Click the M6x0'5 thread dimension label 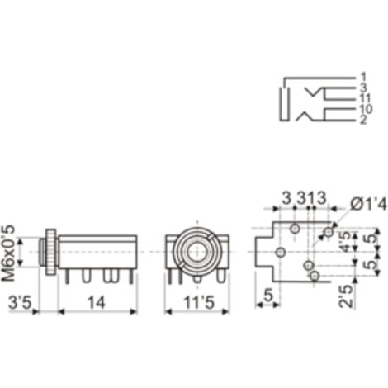tap(8, 253)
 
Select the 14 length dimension tap(97, 302)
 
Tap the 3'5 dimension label tap(20, 302)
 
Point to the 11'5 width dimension tap(198, 303)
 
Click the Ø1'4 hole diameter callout tap(368, 204)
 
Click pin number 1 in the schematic tap(363, 77)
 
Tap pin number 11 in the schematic tap(366, 98)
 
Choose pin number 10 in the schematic tap(366, 109)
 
